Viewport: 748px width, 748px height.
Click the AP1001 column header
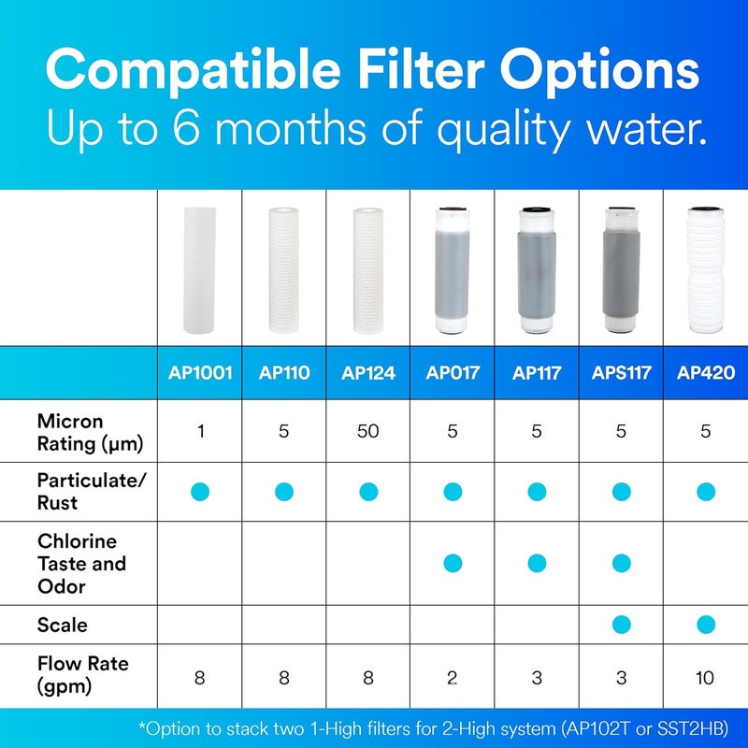pos(199,373)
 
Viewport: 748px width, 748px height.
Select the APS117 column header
pos(621,373)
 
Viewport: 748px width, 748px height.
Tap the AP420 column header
pos(706,373)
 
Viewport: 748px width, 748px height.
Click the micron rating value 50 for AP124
pos(367,431)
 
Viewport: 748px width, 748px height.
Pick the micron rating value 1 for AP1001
pos(199,431)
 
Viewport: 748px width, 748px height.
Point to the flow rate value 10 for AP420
pos(706,677)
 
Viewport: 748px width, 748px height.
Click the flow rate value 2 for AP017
pos(453,677)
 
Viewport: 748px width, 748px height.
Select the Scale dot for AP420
pos(706,624)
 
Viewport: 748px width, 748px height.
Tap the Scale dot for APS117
pos(621,624)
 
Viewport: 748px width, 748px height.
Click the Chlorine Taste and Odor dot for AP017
pos(453,563)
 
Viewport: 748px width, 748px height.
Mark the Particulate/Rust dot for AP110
pos(283,491)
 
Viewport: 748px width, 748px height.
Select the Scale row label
pos(62,623)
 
